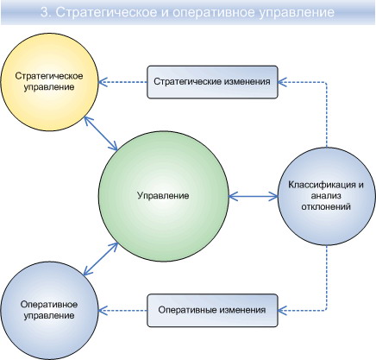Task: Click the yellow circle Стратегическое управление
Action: click(49, 82)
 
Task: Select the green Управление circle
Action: click(164, 196)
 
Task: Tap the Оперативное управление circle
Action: click(49, 311)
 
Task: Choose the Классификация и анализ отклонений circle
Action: click(327, 196)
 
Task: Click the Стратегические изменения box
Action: click(212, 82)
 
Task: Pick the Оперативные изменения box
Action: click(212, 311)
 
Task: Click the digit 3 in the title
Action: click(44, 12)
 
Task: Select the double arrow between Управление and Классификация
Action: click(254, 197)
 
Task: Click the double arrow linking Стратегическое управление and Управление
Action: click(101, 134)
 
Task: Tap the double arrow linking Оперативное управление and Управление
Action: click(101, 259)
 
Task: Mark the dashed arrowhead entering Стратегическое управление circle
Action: click(103, 82)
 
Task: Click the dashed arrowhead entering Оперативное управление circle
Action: click(103, 311)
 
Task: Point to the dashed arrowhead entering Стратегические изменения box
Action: click(282, 82)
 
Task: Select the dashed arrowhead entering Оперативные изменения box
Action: click(282, 310)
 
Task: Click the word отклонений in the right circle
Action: click(326, 206)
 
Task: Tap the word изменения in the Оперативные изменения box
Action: click(242, 310)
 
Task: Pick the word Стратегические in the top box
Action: click(187, 81)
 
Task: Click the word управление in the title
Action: click(297, 13)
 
